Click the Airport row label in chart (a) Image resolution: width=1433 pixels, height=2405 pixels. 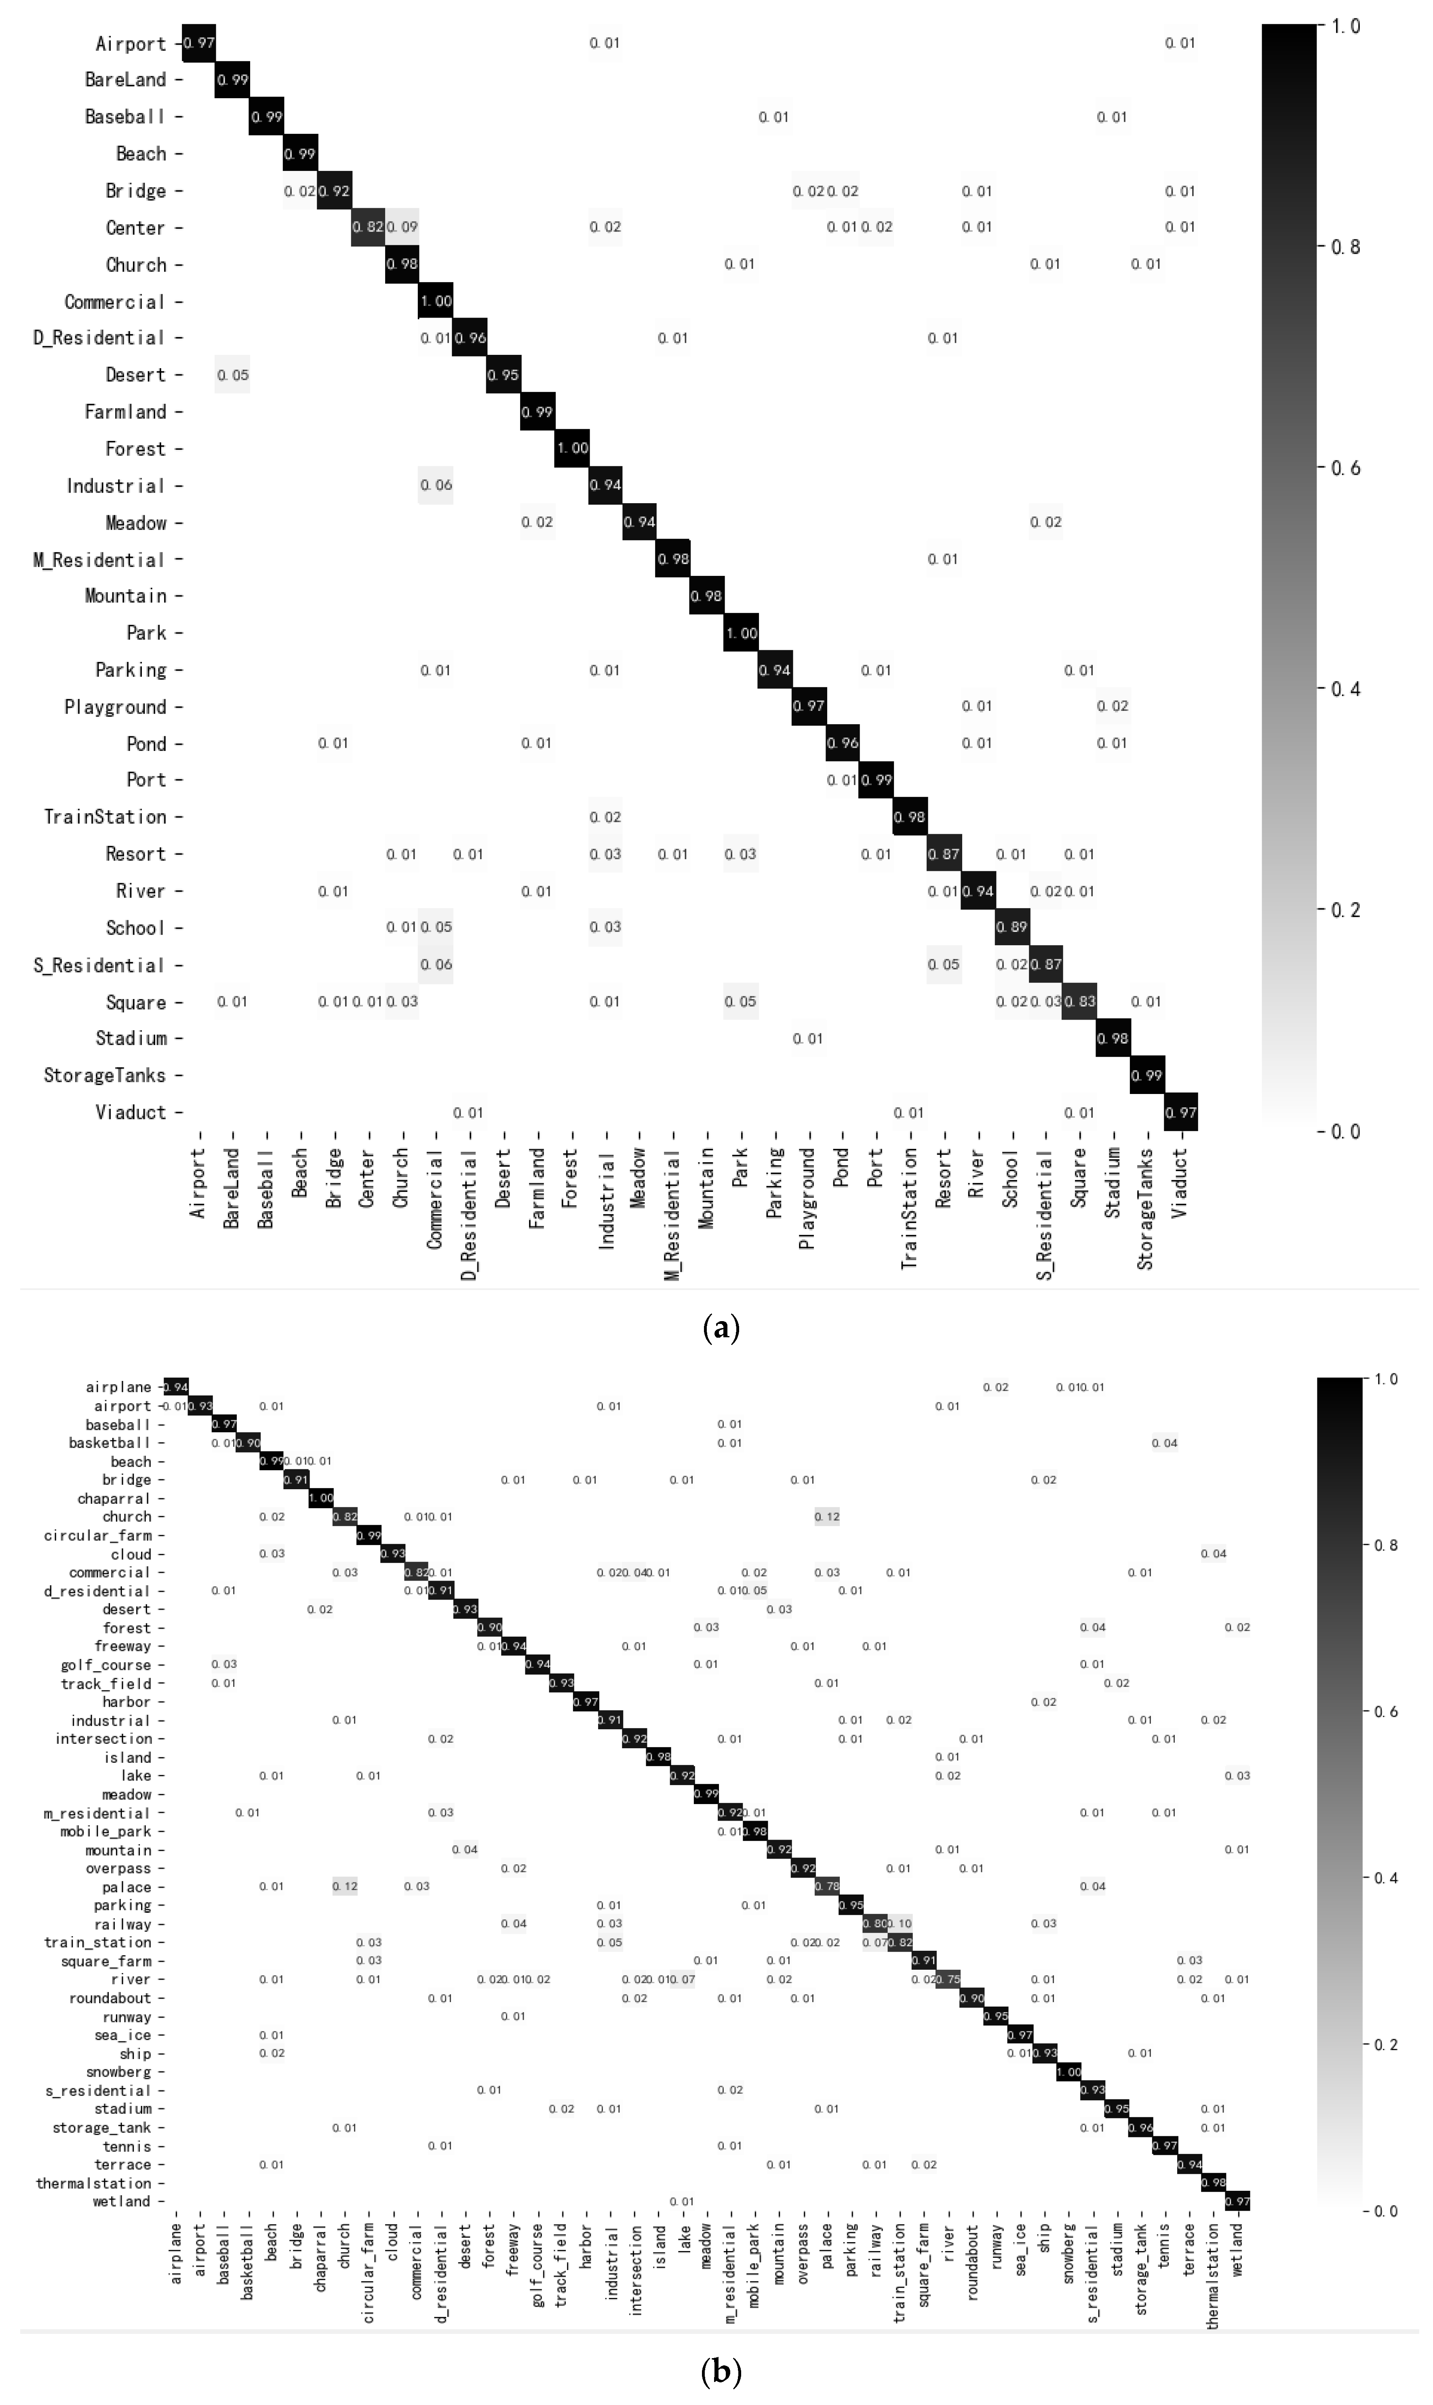coord(131,44)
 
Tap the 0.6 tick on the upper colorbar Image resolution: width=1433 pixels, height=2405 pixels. coord(1345,468)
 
